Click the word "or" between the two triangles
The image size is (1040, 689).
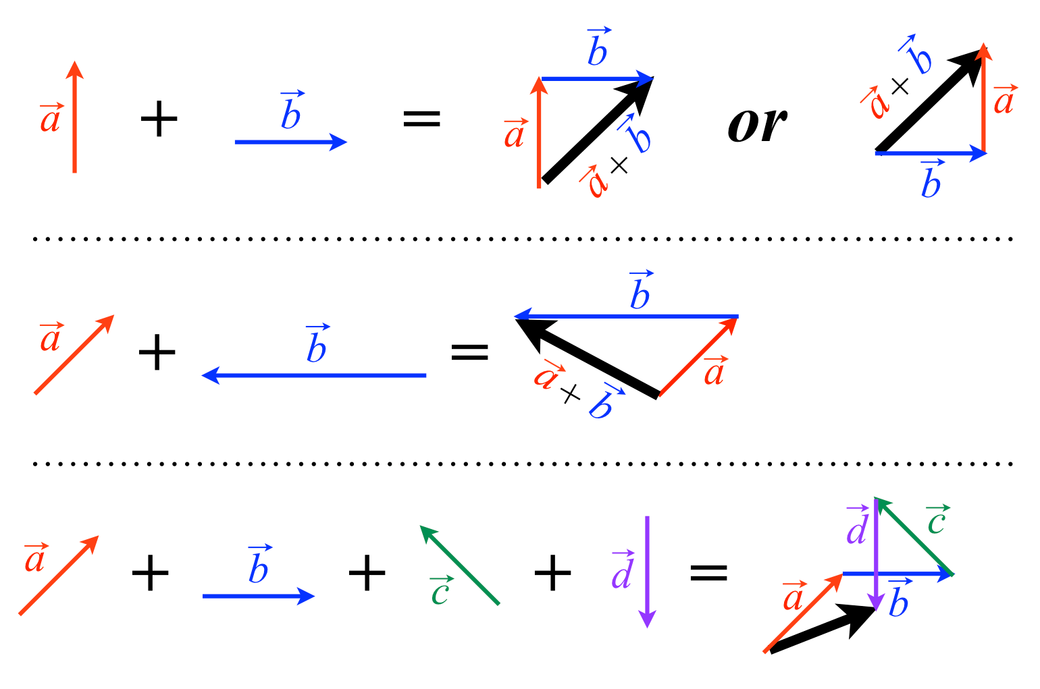point(757,126)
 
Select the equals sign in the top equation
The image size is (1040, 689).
point(421,119)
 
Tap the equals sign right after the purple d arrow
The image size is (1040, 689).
point(708,573)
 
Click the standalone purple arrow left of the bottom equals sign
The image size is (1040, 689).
point(647,571)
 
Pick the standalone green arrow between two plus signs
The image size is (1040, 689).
point(460,565)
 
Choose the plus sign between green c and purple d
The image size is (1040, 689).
point(552,573)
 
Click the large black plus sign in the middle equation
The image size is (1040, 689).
point(157,353)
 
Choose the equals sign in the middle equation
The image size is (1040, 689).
point(469,352)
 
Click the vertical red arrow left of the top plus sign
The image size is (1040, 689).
point(74,117)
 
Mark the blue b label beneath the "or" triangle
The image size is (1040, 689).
point(931,180)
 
